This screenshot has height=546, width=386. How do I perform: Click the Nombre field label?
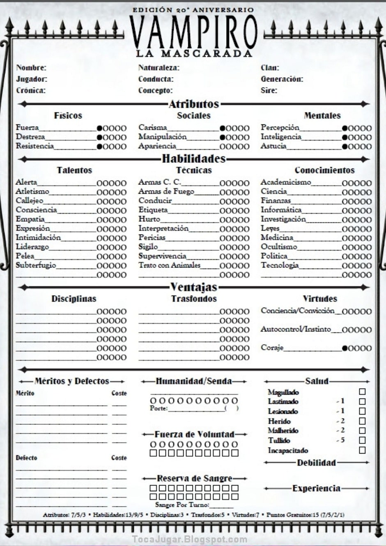pyautogui.click(x=31, y=68)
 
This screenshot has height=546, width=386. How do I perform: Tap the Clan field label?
pyautogui.click(x=270, y=68)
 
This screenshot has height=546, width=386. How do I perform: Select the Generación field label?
pyautogui.click(x=282, y=79)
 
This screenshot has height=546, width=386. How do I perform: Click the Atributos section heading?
pyautogui.click(x=194, y=104)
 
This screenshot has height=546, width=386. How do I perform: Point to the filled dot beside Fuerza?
pyautogui.click(x=100, y=128)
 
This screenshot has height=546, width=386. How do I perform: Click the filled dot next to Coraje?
pyautogui.click(x=345, y=348)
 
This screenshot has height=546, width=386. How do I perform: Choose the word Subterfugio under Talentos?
pyautogui.click(x=36, y=265)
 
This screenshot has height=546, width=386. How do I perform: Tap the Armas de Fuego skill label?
pyautogui.click(x=166, y=191)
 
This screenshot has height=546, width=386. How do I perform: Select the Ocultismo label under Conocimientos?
pyautogui.click(x=278, y=247)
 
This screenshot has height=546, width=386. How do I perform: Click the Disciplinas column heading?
pyautogui.click(x=74, y=299)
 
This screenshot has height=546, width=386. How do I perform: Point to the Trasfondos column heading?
pyautogui.click(x=194, y=299)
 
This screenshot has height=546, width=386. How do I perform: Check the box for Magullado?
pyautogui.click(x=362, y=392)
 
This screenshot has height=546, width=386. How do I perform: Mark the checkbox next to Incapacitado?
pyautogui.click(x=362, y=450)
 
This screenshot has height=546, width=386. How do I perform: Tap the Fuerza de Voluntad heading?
pyautogui.click(x=195, y=434)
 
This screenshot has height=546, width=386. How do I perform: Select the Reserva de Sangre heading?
pyautogui.click(x=195, y=478)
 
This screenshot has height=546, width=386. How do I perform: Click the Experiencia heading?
pyautogui.click(x=316, y=488)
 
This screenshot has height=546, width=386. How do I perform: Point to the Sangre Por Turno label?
pyautogui.click(x=182, y=505)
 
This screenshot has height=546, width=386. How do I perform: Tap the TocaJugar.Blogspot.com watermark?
pyautogui.click(x=190, y=539)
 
